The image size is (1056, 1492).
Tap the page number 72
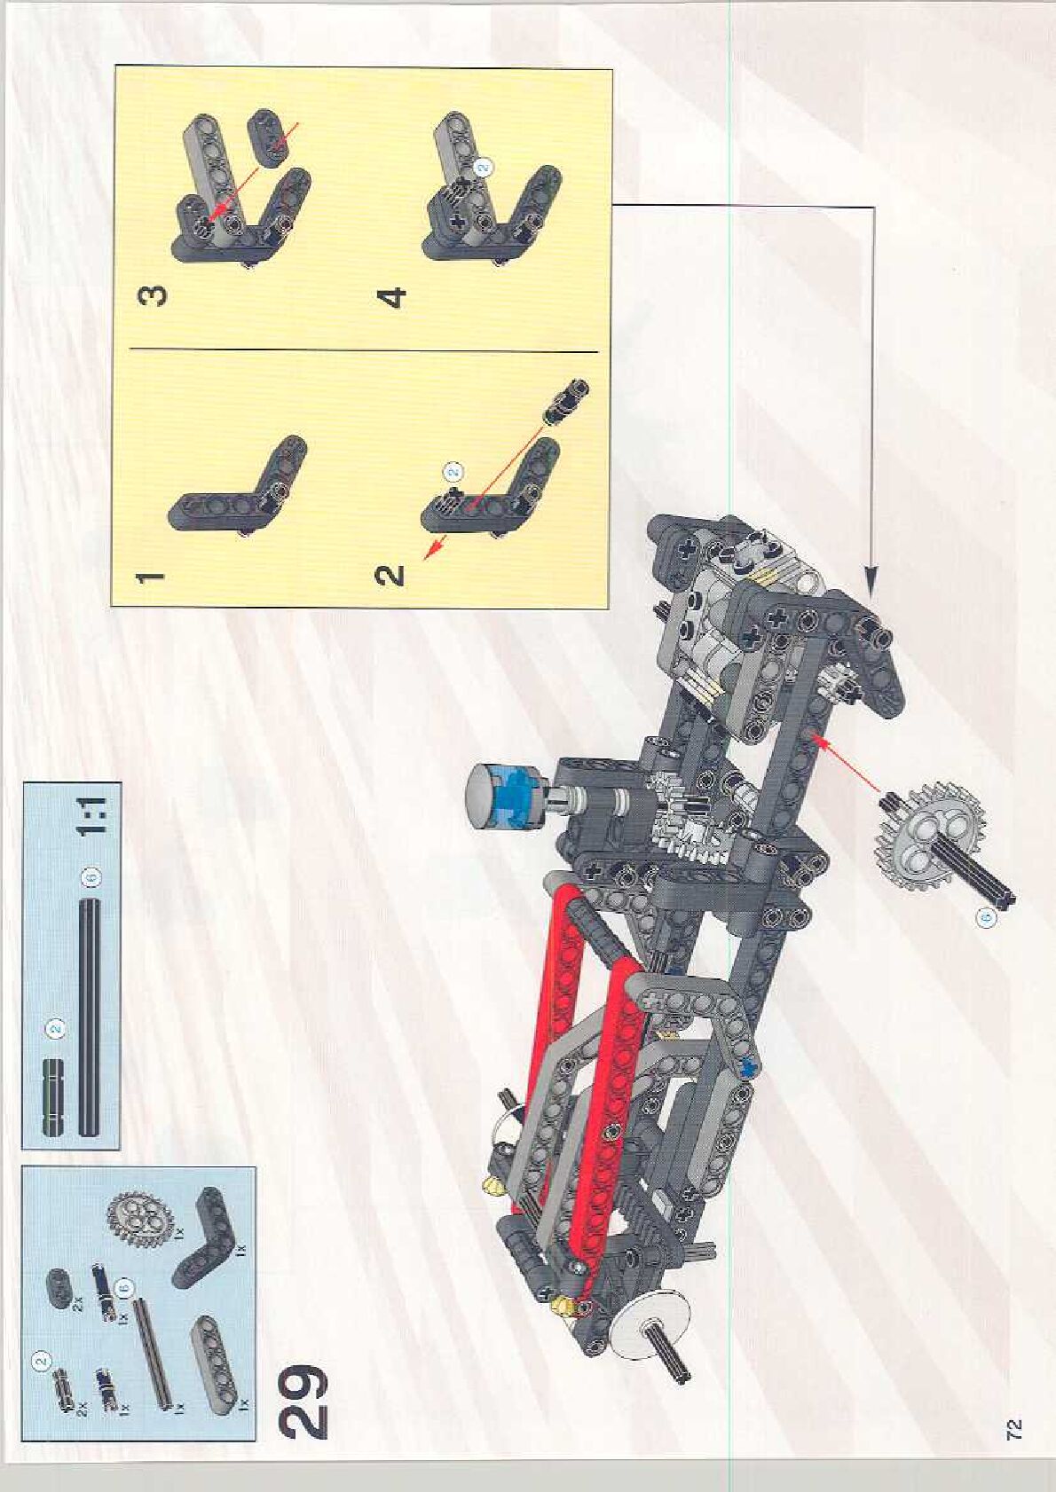[1014, 1428]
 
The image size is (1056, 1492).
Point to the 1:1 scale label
[92, 817]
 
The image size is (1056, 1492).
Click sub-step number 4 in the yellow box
[392, 295]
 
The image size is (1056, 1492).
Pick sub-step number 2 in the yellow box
[390, 575]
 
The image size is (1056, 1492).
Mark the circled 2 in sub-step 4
[484, 166]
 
